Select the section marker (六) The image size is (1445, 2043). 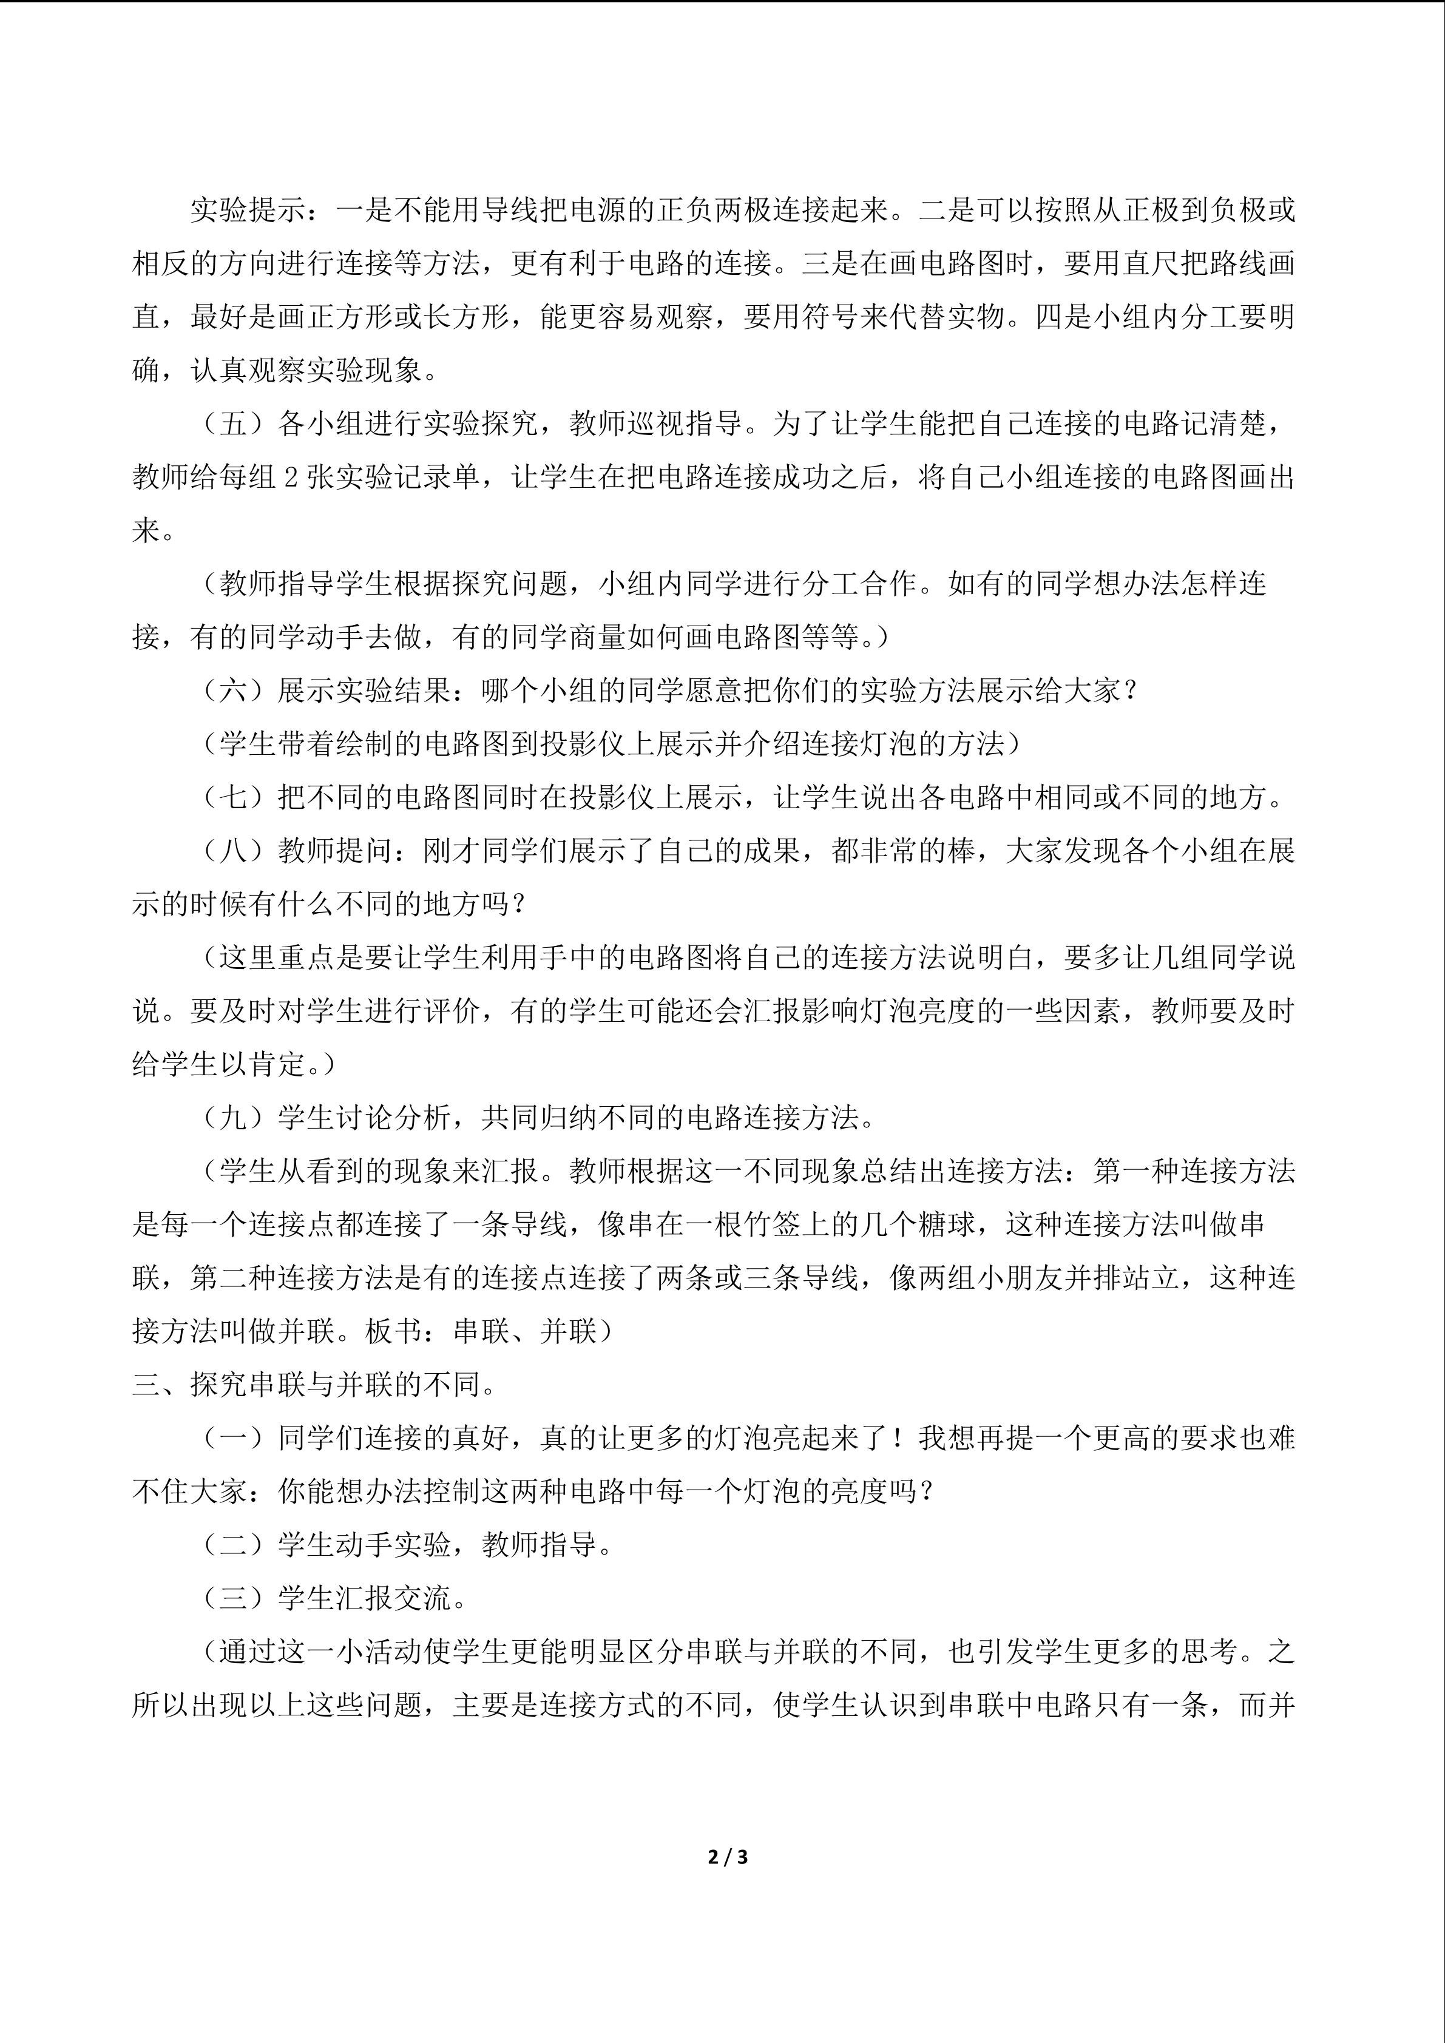[x=233, y=691]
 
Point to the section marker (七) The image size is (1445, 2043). [x=233, y=797]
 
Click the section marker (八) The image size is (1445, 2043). [x=233, y=851]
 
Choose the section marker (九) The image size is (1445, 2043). [x=233, y=1118]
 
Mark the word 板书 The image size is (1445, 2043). [x=393, y=1331]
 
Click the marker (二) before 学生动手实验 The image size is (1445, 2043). [x=233, y=1545]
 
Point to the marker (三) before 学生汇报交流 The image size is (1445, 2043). [x=233, y=1598]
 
